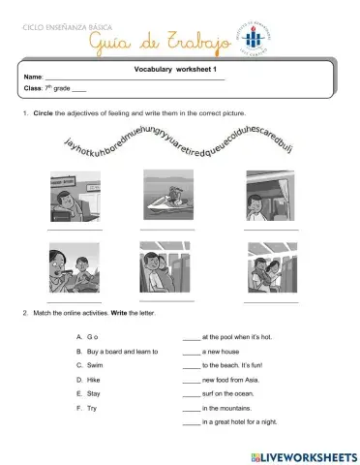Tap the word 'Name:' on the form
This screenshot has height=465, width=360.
point(32,77)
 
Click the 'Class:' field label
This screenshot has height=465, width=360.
point(32,89)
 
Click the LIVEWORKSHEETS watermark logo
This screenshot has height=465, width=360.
point(299,454)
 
